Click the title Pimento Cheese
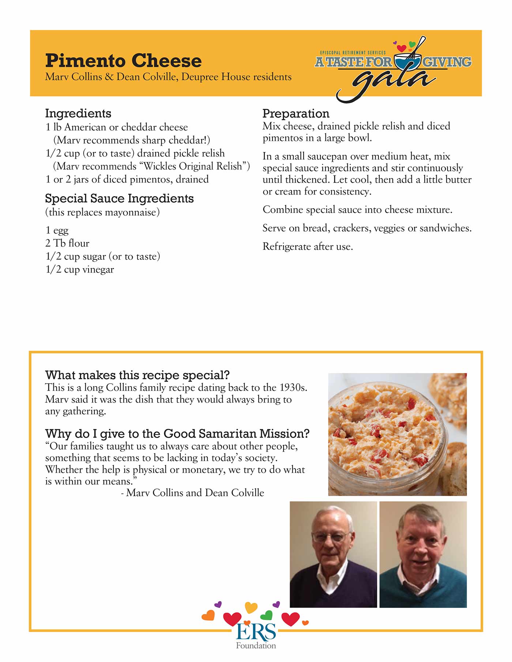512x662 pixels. (x=123, y=61)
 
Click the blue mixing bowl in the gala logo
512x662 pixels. (x=407, y=62)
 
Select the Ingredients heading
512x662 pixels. (x=78, y=113)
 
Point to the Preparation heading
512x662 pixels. (x=296, y=113)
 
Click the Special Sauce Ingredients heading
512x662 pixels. (x=119, y=198)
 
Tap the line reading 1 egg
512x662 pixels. (x=57, y=231)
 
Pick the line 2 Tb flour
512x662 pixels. (x=67, y=243)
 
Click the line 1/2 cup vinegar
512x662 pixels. (x=80, y=270)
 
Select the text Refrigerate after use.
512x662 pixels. (x=308, y=247)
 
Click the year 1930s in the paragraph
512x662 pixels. (x=293, y=387)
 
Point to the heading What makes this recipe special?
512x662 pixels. (x=137, y=375)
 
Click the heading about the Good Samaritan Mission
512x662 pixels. (x=177, y=434)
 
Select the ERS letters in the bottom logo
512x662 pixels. (x=256, y=632)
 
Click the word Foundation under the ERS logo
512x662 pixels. (x=256, y=646)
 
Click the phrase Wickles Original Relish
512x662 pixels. (x=193, y=166)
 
